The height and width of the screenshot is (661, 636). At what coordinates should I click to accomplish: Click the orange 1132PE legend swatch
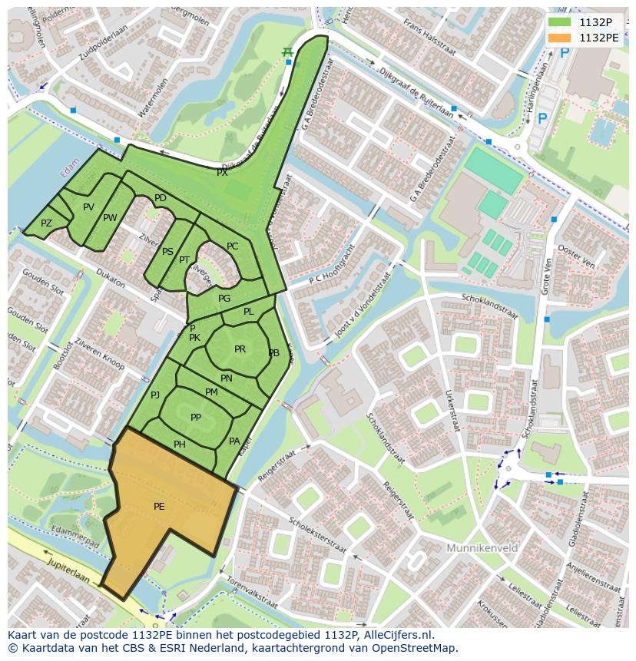pos(560,38)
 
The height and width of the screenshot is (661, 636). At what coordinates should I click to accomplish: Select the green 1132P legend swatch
pos(560,22)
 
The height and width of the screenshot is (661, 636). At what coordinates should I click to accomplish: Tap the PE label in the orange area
pos(159,506)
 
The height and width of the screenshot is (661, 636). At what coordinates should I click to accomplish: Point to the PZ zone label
pos(46,223)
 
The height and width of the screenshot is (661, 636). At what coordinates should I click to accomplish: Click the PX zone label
pos(222,173)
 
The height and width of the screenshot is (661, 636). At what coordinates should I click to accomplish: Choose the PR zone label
pos(240,349)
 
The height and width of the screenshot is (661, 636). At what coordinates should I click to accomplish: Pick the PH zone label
pos(179,444)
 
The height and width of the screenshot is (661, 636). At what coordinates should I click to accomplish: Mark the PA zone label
pos(234,441)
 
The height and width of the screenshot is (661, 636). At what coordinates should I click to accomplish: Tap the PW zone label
pos(110,218)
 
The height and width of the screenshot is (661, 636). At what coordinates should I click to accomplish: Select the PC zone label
pos(232,246)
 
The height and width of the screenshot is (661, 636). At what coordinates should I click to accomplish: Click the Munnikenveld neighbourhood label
pos(482,548)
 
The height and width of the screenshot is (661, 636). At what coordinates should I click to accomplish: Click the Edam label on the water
pos(70,170)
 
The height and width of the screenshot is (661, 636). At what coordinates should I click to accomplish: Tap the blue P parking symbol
pos(543,118)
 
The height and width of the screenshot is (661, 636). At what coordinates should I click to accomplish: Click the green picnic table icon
pos(287,51)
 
